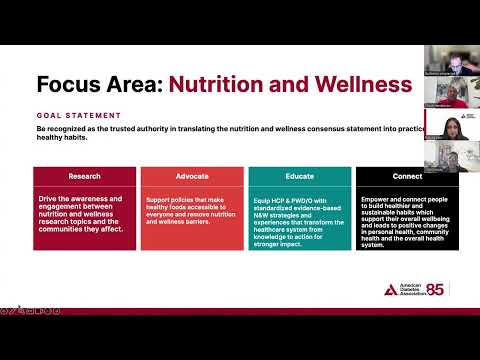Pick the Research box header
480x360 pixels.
click(84, 175)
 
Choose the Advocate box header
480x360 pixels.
click(191, 175)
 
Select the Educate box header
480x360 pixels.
click(299, 175)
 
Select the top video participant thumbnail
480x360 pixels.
click(445, 59)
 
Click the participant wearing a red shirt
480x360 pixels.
click(445, 92)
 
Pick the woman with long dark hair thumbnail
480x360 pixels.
click(445, 124)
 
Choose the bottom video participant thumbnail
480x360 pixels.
click(445, 157)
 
